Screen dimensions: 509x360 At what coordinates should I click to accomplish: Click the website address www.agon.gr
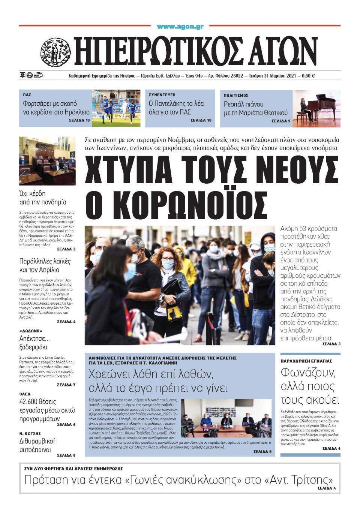[180, 26]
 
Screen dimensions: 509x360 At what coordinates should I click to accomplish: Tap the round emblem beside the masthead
[55, 51]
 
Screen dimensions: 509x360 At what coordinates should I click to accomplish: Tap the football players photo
[116, 108]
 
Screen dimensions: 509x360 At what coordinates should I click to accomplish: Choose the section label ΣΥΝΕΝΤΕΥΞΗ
[162, 95]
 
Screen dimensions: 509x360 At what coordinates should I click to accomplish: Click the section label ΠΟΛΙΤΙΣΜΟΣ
[236, 96]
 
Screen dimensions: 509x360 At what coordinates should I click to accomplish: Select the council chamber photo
[47, 161]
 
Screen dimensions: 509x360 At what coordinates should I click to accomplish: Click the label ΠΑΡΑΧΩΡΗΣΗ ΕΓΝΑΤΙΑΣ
[306, 361]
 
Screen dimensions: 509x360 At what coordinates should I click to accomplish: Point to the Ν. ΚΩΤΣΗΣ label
[30, 434]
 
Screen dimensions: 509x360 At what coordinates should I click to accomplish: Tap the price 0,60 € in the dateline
[308, 76]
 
